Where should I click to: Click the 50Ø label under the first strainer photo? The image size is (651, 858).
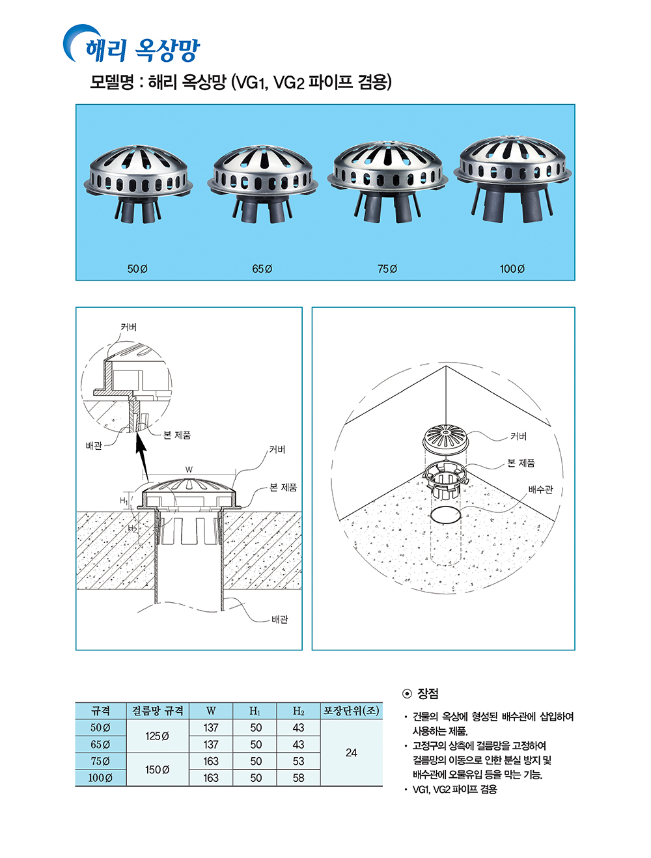[137, 269]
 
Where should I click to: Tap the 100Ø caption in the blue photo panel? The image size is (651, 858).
[512, 269]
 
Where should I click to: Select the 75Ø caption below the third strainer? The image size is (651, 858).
[387, 269]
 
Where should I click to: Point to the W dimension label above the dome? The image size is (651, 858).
[189, 469]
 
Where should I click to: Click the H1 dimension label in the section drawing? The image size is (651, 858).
[124, 501]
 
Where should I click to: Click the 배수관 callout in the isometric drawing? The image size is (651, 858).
[540, 490]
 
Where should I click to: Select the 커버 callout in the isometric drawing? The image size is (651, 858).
[519, 436]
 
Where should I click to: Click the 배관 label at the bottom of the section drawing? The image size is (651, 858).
[280, 619]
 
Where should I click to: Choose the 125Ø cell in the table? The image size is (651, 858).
[157, 736]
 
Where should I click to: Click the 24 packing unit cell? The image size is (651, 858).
[352, 753]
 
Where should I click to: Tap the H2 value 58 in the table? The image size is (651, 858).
[298, 778]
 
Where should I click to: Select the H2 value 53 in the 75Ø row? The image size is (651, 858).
[298, 761]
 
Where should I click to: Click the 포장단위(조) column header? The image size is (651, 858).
[352, 711]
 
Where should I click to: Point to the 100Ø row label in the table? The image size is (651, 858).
[100, 778]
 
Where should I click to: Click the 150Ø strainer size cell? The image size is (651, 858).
[157, 769]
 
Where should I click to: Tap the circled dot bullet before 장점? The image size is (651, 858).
[407, 694]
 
